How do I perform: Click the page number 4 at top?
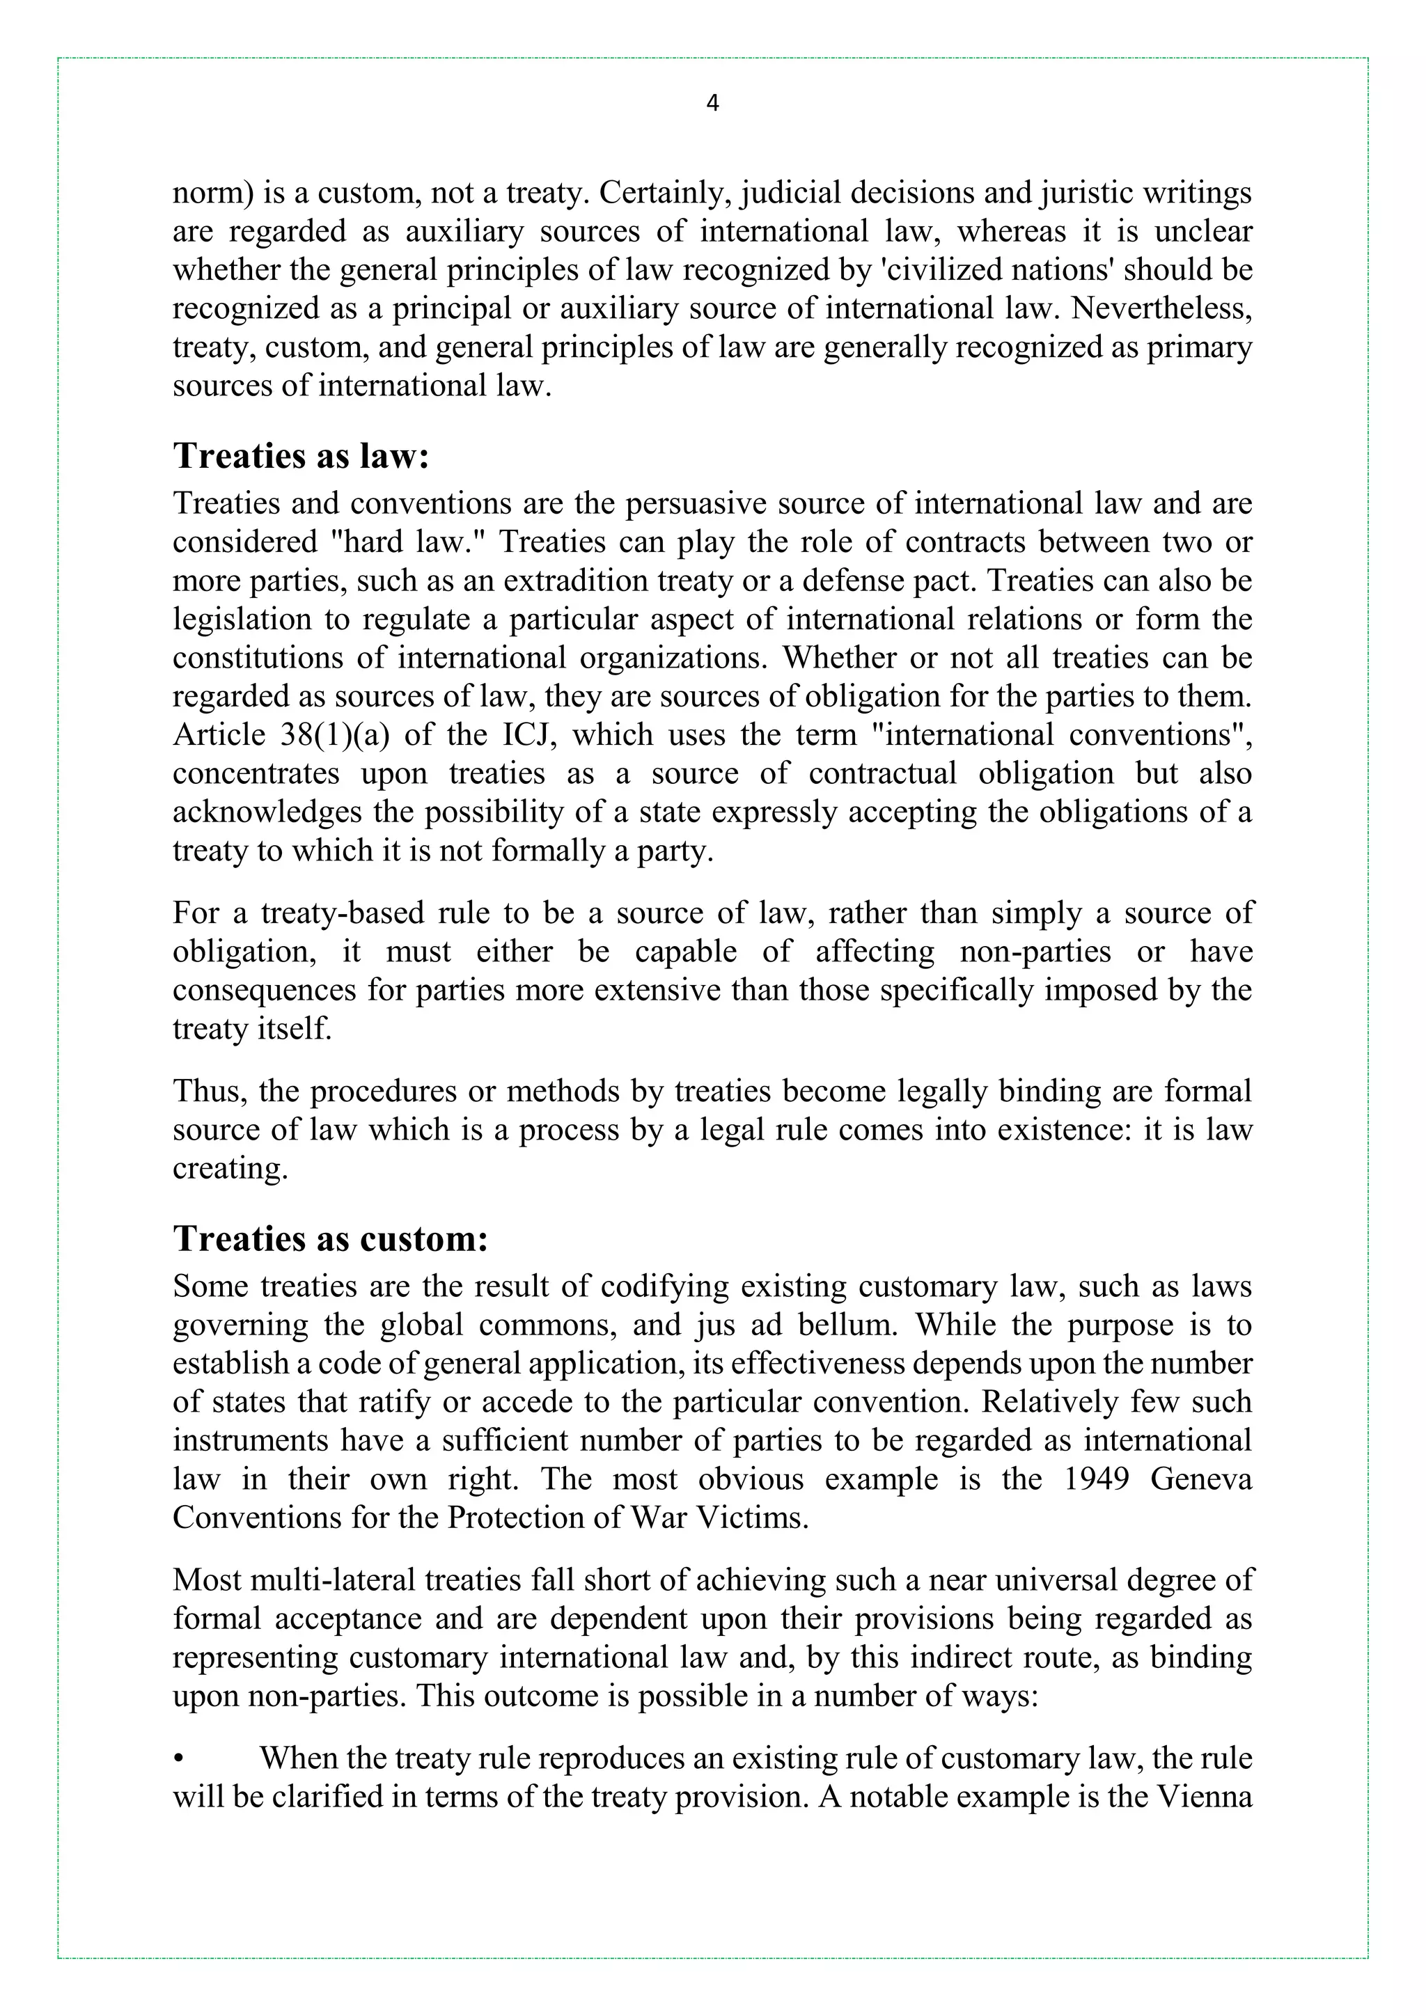coord(712,104)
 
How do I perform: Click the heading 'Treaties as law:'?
coord(300,456)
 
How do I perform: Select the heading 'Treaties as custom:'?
coord(329,1238)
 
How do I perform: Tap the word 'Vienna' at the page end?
coord(1205,1797)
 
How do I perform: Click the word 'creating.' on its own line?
coord(230,1168)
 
